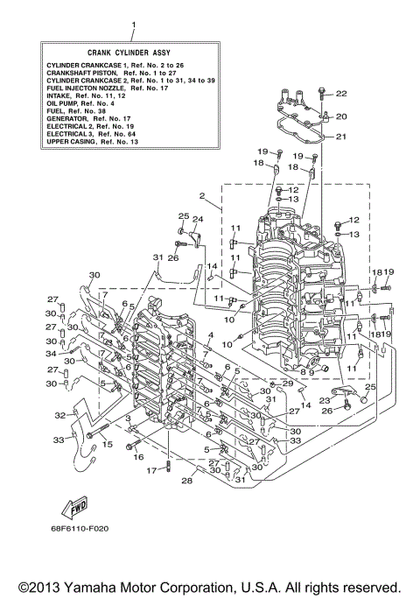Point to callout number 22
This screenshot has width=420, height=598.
tap(341, 94)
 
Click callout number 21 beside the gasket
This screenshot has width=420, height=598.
tap(341, 136)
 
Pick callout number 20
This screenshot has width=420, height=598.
tap(341, 116)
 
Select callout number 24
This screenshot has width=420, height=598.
tap(198, 219)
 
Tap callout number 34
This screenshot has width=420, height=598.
tap(51, 355)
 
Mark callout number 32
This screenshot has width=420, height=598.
tap(60, 415)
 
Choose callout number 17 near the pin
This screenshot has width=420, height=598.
tap(151, 470)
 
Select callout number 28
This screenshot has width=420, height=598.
tap(185, 481)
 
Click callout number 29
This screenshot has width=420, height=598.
tap(287, 383)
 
